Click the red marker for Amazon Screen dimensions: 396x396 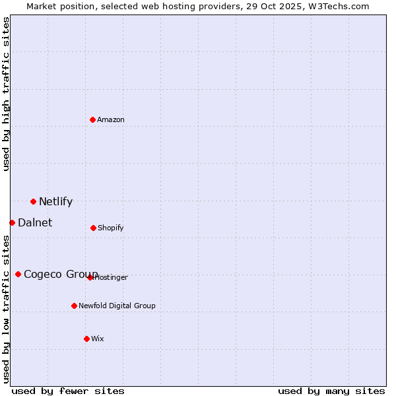point(92,119)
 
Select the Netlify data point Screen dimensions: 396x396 point(33,201)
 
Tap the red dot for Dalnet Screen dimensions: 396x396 point(12,222)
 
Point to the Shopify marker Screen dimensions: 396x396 point(93,228)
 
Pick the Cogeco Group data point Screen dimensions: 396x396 point(18,274)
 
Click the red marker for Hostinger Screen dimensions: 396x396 point(90,277)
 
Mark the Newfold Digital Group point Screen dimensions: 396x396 point(74,306)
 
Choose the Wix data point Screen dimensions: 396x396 point(86,339)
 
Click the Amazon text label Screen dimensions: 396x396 point(111,119)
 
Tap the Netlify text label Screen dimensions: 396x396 point(55,202)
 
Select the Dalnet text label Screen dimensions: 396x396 point(35,223)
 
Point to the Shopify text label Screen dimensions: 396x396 point(110,228)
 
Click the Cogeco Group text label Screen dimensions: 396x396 point(61,275)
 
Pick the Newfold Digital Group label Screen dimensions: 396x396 point(117,306)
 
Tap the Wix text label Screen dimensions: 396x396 point(98,339)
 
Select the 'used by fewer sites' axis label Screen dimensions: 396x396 point(68,391)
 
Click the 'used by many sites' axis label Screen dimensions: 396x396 point(331,391)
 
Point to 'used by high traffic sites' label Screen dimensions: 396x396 point(6,94)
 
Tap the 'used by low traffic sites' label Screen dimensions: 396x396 point(6,309)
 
